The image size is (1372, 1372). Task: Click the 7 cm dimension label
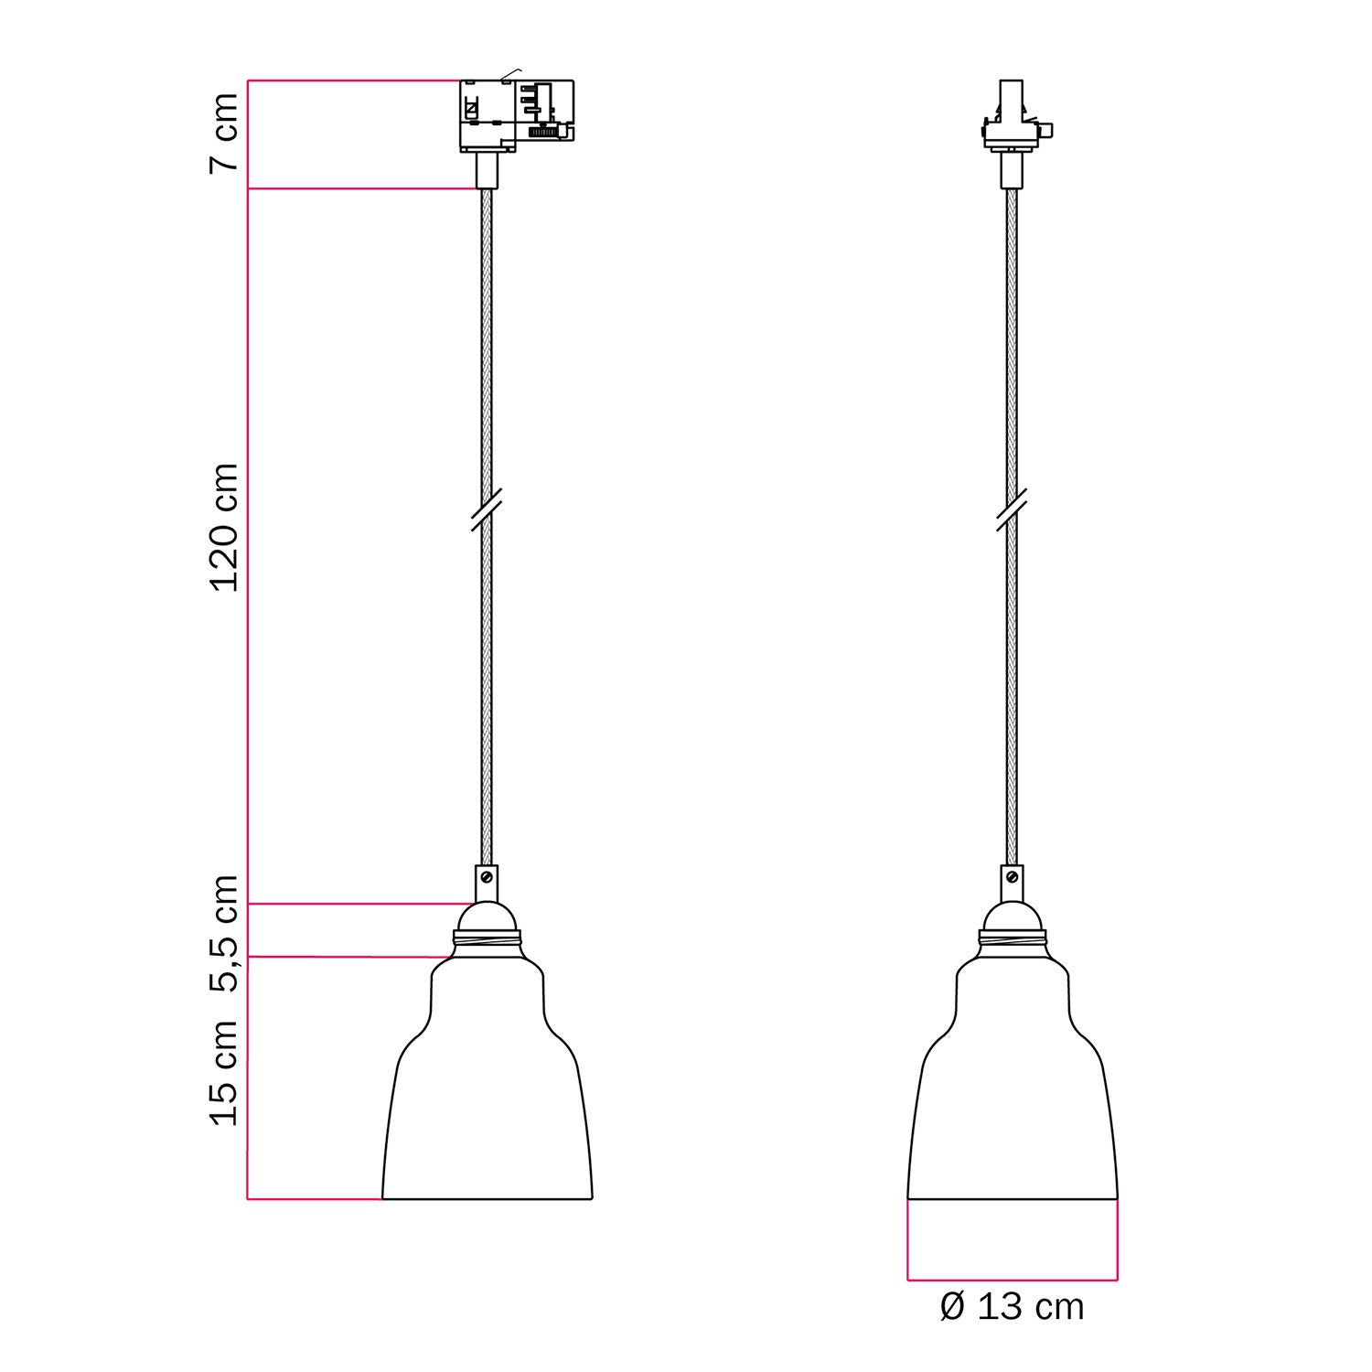coord(224,132)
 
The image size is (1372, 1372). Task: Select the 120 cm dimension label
coord(224,527)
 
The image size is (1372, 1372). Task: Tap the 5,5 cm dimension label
coord(224,933)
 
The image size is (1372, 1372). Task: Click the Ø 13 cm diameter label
coord(1012,1306)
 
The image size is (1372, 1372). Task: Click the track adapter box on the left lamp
coord(515,115)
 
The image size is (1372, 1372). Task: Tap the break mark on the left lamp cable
coord(487,509)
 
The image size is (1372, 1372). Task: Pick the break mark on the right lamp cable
coord(1012,509)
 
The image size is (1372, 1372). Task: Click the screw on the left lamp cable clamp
coord(487,876)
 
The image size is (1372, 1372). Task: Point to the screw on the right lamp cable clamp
coord(1012,876)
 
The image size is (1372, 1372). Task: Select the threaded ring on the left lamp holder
coord(487,938)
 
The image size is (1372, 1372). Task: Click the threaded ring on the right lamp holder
coord(1012,938)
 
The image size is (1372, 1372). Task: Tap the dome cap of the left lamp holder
coord(487,916)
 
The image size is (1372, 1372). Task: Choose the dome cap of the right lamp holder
coord(1012,916)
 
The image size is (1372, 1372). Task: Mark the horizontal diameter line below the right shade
coord(1012,1279)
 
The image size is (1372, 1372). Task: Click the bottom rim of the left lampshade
coord(487,1198)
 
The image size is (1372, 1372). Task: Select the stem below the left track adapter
coord(487,170)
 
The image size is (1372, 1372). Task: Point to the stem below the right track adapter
coord(1012,170)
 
